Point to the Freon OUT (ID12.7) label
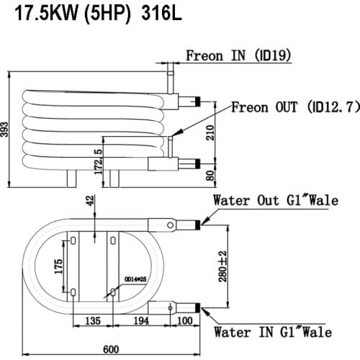[x=295, y=107]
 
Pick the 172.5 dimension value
[x=98, y=161]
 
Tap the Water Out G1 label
[x=274, y=201]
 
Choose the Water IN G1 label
[x=273, y=332]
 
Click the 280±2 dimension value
[x=225, y=266]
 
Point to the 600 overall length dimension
[x=112, y=349]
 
